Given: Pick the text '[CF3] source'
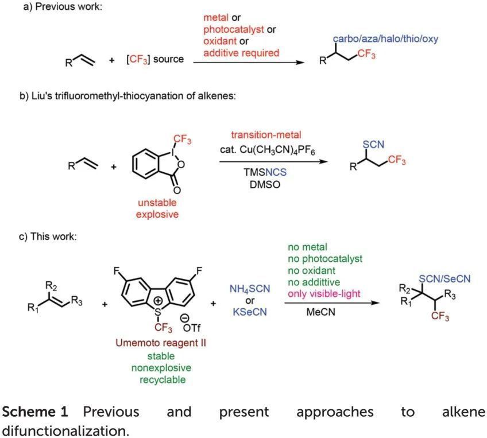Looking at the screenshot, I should tap(155, 59).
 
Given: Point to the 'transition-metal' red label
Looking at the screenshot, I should tap(261, 135).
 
